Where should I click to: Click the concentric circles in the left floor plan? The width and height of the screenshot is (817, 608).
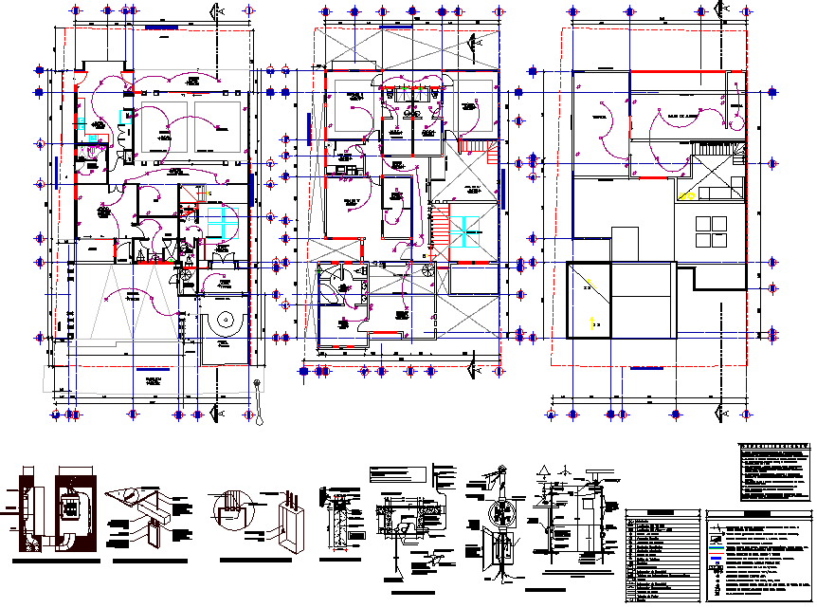click(x=225, y=321)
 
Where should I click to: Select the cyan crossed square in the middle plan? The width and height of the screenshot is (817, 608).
click(x=464, y=231)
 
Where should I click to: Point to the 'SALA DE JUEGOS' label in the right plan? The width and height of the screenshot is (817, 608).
click(x=677, y=114)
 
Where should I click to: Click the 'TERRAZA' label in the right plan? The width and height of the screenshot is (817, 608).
click(x=599, y=117)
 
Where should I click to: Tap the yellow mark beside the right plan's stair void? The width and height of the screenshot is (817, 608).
click(x=688, y=196)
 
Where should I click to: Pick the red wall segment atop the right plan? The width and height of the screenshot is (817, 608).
click(x=671, y=72)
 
